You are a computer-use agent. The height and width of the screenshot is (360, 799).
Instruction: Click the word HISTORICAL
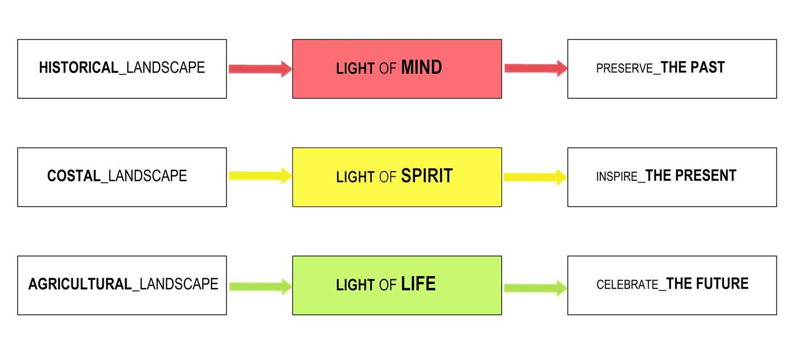point(78,68)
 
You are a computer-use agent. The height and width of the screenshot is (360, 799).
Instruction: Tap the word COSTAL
point(74,176)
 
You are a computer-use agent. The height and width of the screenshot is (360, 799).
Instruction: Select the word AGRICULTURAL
point(80,284)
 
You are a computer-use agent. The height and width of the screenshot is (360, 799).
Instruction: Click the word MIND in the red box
point(421,68)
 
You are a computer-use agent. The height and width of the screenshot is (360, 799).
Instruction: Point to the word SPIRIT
point(427,176)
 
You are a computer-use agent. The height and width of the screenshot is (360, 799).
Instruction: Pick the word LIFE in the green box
point(418,284)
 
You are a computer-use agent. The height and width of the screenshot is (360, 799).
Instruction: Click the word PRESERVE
point(624,69)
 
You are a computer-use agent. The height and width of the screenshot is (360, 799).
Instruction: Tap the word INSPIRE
point(617,176)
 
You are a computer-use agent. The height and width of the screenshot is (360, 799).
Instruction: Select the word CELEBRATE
point(627,285)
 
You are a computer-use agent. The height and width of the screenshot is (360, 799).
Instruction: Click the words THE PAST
point(692,68)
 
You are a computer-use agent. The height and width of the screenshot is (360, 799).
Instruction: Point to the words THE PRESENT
point(691,176)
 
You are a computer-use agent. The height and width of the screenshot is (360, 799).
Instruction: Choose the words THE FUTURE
point(707,284)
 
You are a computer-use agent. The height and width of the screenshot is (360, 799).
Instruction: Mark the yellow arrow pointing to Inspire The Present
point(535,177)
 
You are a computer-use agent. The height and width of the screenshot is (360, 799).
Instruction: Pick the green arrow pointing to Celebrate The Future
point(535,287)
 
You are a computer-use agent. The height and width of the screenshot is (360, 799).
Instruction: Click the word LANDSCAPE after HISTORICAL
point(165,68)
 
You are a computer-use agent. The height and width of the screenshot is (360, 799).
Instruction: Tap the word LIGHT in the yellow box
point(355,177)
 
